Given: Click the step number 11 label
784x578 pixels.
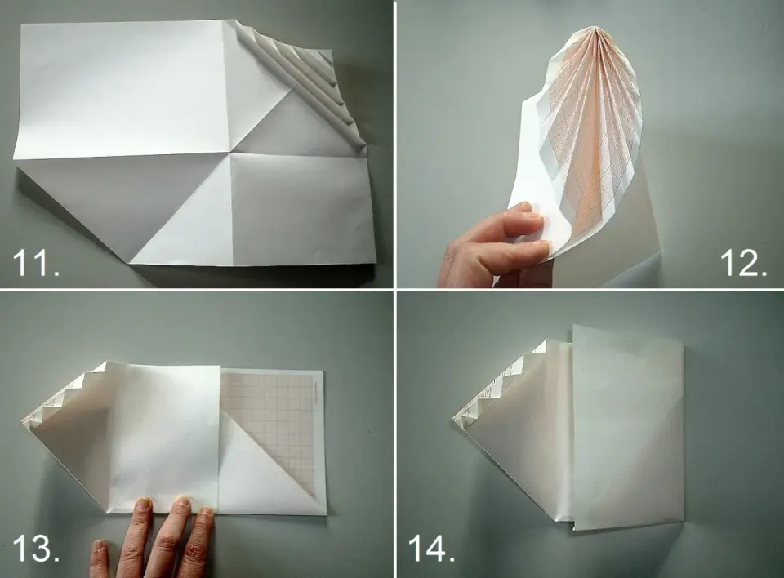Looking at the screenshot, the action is coord(36,263).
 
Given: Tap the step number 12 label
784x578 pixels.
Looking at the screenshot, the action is coord(743,263).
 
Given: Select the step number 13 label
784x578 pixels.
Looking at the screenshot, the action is coord(36,548).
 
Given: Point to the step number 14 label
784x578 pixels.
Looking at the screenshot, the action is coord(431,548).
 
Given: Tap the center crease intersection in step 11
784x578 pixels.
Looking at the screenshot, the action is coord(230,152).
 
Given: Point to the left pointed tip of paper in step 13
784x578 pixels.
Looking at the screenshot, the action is coord(23,419).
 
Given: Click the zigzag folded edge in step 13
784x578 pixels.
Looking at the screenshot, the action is coord(68,390).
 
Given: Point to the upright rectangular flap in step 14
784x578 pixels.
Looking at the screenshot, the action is coord(627,428).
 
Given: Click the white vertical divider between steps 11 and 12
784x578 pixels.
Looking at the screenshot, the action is coord(395,144).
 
